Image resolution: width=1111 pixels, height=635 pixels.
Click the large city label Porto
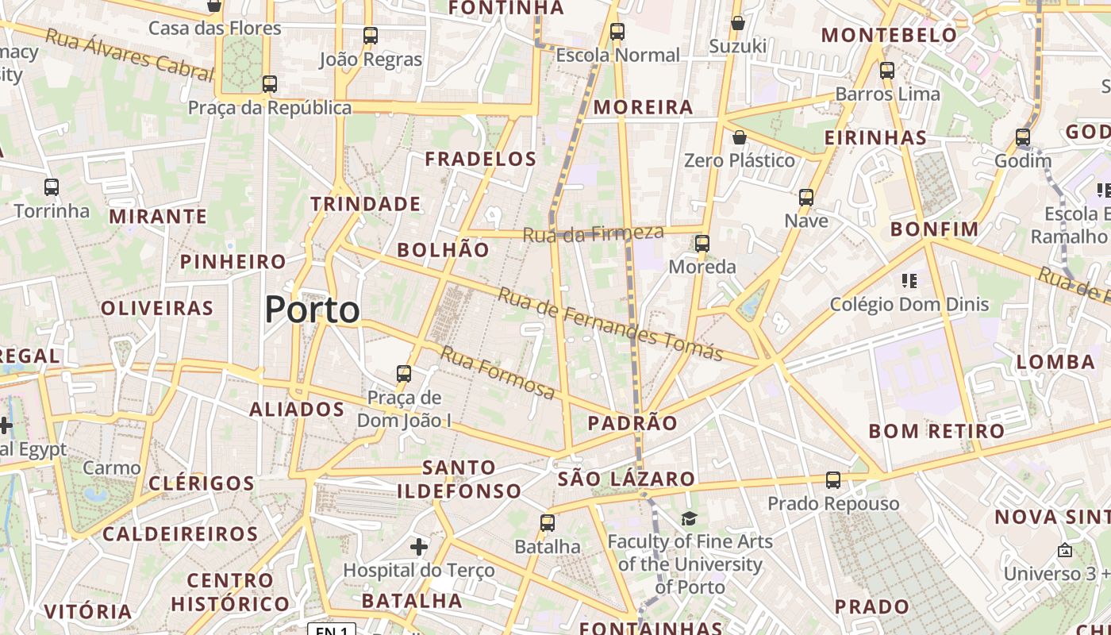click(x=312, y=309)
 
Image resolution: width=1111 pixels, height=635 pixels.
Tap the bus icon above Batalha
click(x=548, y=523)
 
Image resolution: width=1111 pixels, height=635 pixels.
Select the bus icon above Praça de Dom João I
click(x=404, y=373)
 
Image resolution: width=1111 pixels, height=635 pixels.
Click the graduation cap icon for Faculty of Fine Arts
click(x=689, y=518)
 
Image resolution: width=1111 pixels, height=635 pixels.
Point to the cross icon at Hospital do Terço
click(x=419, y=546)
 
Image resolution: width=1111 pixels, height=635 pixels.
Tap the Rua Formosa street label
click(x=498, y=373)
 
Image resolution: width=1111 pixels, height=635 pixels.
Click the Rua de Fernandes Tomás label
click(x=609, y=324)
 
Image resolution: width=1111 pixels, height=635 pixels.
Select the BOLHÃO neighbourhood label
click(x=443, y=250)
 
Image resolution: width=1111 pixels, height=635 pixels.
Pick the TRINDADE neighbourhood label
click(x=366, y=204)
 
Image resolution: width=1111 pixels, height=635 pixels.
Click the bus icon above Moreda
click(x=702, y=244)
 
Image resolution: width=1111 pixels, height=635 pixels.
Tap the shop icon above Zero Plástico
click(x=740, y=137)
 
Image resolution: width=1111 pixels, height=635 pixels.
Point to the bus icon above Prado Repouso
click(x=833, y=479)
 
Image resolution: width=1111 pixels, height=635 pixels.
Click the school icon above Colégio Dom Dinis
click(x=909, y=280)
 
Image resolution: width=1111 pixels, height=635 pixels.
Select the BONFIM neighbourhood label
click(x=935, y=229)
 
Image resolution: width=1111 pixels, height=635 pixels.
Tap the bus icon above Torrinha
click(x=52, y=187)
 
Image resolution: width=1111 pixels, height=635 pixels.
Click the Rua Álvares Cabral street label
click(x=129, y=55)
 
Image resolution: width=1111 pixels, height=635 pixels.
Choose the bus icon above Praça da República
click(x=270, y=83)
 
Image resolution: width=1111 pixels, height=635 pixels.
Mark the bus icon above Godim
click(x=1023, y=137)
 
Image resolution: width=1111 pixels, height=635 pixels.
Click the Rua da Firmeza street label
click(x=593, y=233)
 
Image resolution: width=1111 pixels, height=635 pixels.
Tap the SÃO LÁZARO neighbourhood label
click(x=626, y=479)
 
